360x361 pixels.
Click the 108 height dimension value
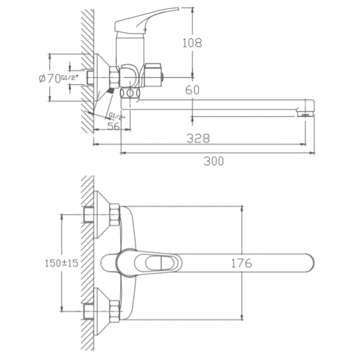coord(193,43)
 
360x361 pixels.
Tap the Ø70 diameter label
coord(49,79)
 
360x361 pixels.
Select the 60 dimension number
coord(193,90)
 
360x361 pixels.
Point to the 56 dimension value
coord(114,126)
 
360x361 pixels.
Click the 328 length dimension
coord(198,138)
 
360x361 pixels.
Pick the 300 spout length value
coord(214,161)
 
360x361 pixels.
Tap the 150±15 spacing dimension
coord(62,263)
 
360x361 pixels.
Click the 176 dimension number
coord(241,263)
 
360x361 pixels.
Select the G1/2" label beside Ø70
coord(69,78)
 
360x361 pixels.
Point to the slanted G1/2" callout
coord(117,115)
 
